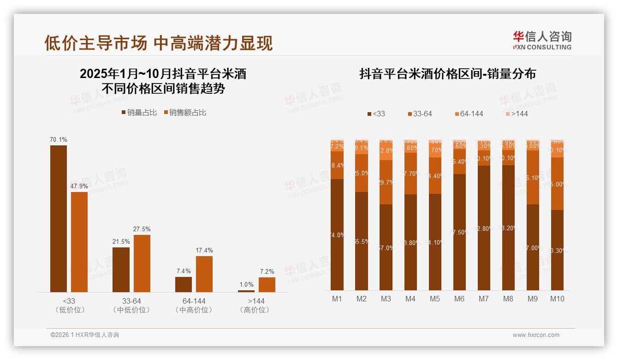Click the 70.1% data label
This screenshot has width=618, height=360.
tap(59, 139)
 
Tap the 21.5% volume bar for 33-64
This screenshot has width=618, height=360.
tap(121, 270)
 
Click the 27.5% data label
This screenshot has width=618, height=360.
tap(142, 229)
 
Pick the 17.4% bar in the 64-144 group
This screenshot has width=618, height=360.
tap(204, 274)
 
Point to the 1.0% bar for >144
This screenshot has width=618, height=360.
tap(246, 291)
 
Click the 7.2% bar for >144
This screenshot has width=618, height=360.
tap(267, 285)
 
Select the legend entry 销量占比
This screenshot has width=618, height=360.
tap(139, 113)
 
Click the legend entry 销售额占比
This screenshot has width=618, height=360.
tap(185, 113)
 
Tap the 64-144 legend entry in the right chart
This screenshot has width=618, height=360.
tap(469, 114)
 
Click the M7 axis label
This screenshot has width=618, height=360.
tap(483, 299)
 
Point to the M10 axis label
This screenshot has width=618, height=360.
tap(557, 299)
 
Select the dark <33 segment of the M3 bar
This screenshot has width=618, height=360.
tap(386, 247)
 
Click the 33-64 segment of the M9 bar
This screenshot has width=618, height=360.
tap(532, 177)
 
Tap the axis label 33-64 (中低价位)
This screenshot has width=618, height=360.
tap(131, 305)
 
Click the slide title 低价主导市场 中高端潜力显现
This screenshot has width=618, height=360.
tap(159, 43)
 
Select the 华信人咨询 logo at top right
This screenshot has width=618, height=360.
tap(542, 41)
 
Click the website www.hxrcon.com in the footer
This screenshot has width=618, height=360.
tap(536, 335)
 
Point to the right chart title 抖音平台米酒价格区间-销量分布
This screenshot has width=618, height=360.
tap(447, 74)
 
